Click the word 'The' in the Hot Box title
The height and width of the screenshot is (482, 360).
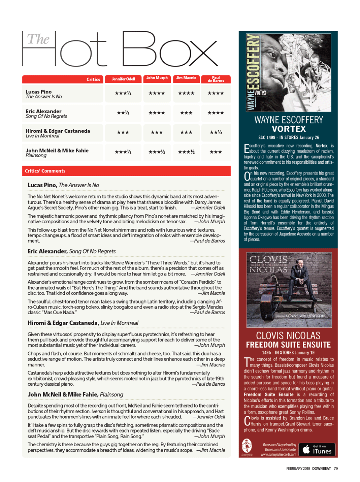point(38,39)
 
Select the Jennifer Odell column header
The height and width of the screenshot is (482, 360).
point(123,79)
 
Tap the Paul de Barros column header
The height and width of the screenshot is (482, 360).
point(216,79)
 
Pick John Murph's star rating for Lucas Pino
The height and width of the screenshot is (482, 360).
point(157,93)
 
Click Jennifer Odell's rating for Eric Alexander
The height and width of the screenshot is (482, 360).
point(123,113)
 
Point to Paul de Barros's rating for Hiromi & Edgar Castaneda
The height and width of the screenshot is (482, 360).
point(216,132)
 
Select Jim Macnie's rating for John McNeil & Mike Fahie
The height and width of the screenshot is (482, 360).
point(186,152)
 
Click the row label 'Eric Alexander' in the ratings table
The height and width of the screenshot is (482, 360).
point(43,111)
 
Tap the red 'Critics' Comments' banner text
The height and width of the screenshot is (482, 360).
point(45,171)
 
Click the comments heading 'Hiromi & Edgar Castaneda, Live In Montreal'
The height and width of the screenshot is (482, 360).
point(83,323)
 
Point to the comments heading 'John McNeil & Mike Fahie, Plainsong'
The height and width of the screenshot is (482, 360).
point(75,394)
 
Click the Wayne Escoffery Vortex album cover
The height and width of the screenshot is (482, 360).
point(288,72)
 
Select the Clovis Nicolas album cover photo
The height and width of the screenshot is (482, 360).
point(289,290)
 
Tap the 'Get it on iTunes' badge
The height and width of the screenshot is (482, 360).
point(317,450)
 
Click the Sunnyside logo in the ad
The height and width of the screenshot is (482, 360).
point(247,447)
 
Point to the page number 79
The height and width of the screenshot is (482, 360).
point(336,469)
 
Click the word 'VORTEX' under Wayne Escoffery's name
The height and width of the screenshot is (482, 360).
point(289,129)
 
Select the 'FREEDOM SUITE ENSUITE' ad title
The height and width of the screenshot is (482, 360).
point(288,345)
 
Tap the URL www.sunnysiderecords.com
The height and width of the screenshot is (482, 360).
point(279,454)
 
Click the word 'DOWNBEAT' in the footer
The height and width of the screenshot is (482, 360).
point(321,469)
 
